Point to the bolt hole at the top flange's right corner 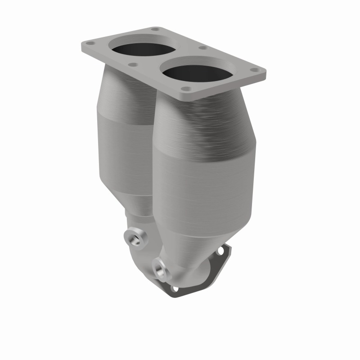point(255,70)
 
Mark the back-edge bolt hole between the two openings point(202,47)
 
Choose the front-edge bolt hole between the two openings point(133,64)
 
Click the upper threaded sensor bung point(135,237)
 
